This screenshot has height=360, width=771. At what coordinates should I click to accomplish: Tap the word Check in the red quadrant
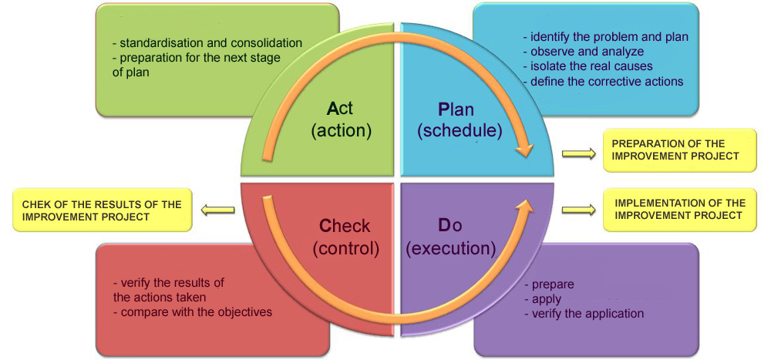(x=345, y=226)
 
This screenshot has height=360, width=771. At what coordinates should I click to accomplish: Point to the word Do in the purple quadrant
(x=451, y=226)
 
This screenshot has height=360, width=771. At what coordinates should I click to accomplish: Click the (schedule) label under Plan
(x=460, y=130)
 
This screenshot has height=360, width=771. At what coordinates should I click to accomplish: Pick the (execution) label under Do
(x=450, y=248)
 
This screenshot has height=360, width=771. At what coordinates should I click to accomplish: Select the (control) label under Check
(x=345, y=248)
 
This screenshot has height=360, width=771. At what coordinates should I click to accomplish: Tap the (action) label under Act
(x=341, y=130)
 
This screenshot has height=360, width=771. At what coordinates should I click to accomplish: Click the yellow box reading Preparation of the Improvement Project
(x=668, y=150)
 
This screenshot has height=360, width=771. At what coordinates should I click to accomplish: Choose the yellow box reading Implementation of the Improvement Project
(x=680, y=209)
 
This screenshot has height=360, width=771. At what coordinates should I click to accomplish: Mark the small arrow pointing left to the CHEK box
(x=218, y=209)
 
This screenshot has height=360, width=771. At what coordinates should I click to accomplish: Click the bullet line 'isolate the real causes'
(x=587, y=66)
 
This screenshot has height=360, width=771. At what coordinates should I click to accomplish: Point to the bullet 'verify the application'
(x=583, y=313)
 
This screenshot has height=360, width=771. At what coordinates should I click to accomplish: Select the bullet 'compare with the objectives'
(x=192, y=311)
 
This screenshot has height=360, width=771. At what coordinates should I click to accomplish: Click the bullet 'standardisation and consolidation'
(x=207, y=43)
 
